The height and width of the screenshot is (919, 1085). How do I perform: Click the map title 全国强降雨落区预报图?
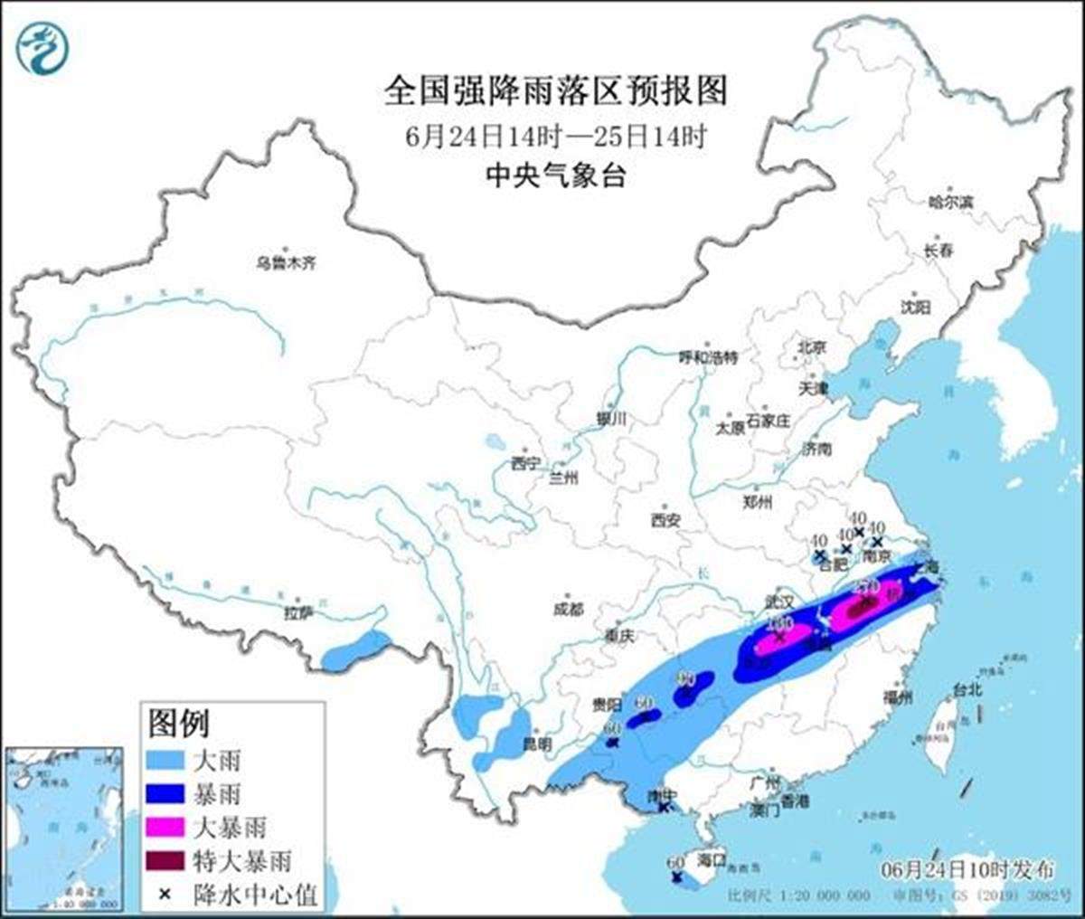click(x=555, y=91)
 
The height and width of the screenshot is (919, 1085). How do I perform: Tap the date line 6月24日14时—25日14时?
click(x=555, y=137)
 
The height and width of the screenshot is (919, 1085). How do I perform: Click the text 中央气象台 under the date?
click(x=555, y=175)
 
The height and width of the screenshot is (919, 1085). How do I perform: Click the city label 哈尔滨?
click(x=950, y=203)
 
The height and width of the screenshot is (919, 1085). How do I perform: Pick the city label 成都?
click(x=568, y=610)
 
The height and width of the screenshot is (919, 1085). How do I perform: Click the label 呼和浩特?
click(x=708, y=357)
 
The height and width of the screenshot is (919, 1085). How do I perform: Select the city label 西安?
click(x=665, y=520)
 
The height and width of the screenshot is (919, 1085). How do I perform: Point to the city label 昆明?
click(x=536, y=744)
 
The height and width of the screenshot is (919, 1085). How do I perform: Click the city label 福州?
click(x=898, y=697)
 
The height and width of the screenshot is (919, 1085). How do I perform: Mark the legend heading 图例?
click(x=178, y=723)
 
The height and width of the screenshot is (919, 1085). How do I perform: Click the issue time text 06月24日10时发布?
click(x=967, y=870)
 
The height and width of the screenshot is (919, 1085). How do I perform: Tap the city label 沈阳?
click(x=914, y=308)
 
